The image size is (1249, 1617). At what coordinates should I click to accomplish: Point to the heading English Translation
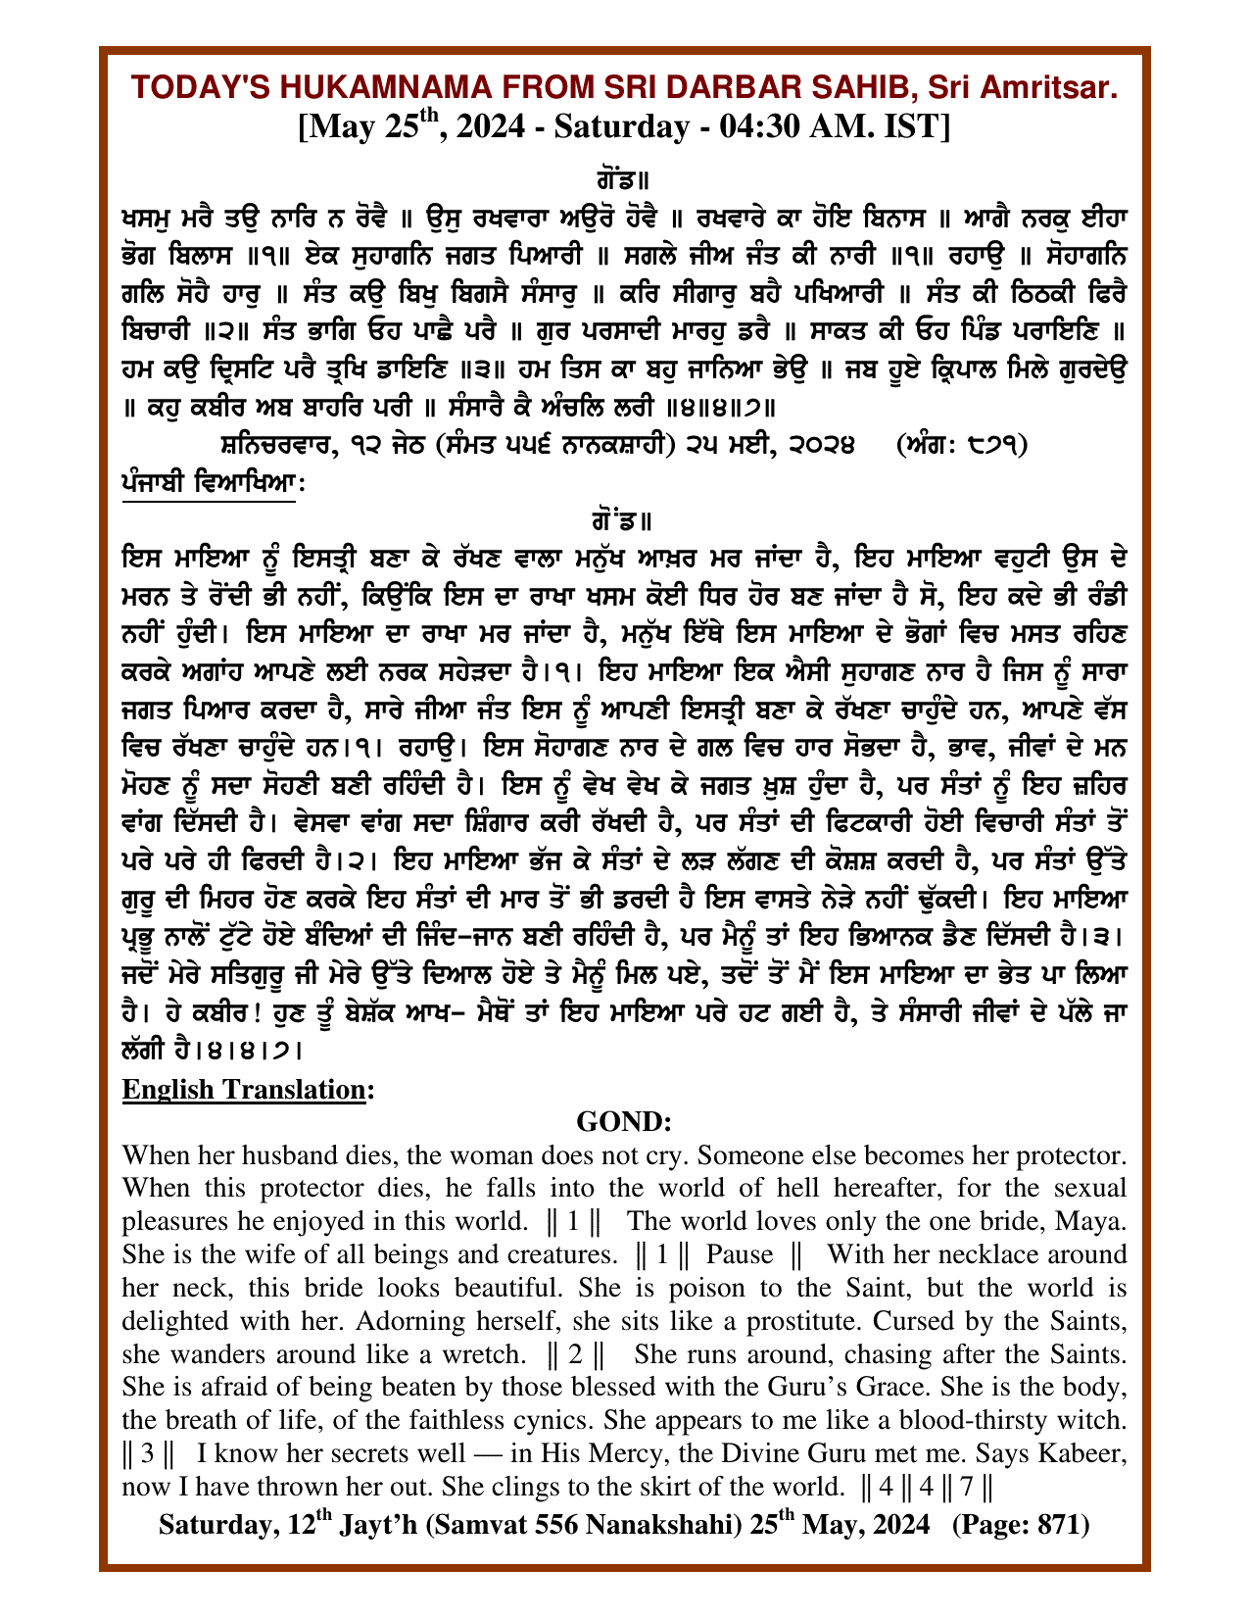(x=243, y=1090)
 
